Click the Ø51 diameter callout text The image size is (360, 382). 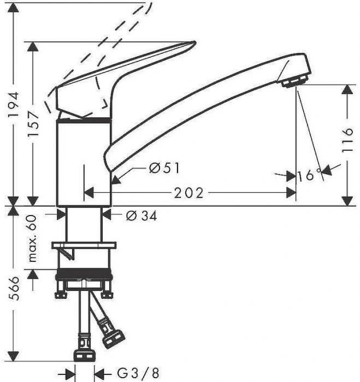(x=164, y=168)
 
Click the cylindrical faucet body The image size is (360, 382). (x=85, y=164)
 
